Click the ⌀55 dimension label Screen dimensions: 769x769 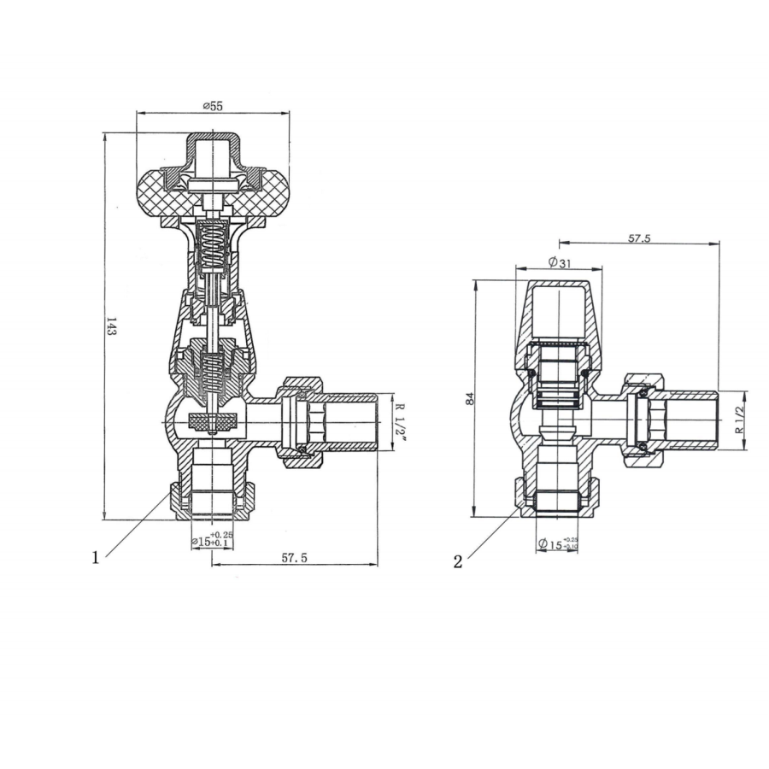point(213,105)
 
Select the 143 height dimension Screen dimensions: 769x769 point(111,326)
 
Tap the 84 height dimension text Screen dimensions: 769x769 point(480,398)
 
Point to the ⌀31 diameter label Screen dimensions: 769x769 point(558,262)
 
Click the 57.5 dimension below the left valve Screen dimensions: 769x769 point(294,557)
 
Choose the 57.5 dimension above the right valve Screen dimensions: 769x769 point(639,238)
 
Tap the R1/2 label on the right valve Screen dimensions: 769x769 point(739,420)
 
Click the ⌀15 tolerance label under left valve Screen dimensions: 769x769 point(211,539)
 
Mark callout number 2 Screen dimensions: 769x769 point(458,561)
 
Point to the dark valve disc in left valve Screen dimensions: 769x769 point(212,420)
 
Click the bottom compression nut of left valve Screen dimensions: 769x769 point(212,502)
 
